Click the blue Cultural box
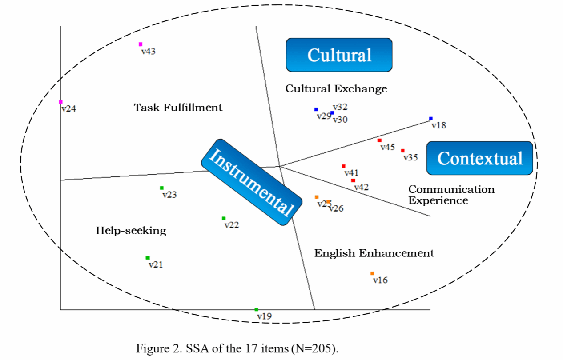click(339, 55)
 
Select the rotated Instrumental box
click(251, 182)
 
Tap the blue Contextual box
click(479, 158)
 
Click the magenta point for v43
click(141, 44)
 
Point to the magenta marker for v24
click(61, 102)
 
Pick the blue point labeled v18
click(430, 119)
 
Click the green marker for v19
click(256, 309)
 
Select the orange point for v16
click(372, 273)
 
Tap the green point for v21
click(148, 258)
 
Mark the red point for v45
click(379, 140)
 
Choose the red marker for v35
click(402, 151)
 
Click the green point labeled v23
click(162, 188)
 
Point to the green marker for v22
click(224, 218)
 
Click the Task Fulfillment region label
click(178, 108)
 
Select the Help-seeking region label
click(131, 231)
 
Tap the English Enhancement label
click(374, 253)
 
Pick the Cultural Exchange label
click(336, 88)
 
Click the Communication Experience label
click(451, 195)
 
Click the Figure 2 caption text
click(237, 348)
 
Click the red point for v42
click(353, 180)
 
